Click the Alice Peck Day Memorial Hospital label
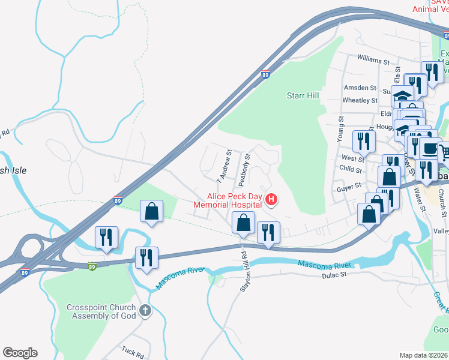(x=228, y=200)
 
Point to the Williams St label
(x=373, y=61)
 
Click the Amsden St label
(x=359, y=88)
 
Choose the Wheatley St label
(x=360, y=100)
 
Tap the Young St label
(x=340, y=127)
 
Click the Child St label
(x=351, y=170)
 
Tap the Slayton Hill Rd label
(x=244, y=271)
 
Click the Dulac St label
(x=334, y=275)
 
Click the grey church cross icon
(x=144, y=311)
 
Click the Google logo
(x=20, y=353)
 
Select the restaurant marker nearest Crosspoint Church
(x=146, y=257)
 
